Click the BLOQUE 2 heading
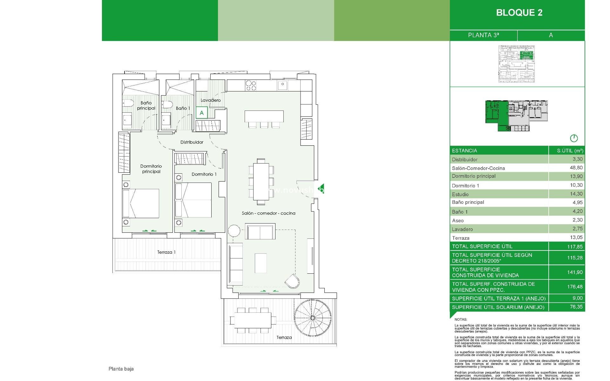[519, 13]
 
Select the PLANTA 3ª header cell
[483, 35]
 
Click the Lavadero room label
[211, 100]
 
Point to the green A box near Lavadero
[202, 113]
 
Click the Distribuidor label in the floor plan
[192, 142]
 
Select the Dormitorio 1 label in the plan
[204, 174]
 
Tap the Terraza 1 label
[166, 252]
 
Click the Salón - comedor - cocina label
[268, 213]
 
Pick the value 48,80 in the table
[576, 168]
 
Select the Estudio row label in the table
[460, 194]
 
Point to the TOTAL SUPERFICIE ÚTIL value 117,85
[575, 247]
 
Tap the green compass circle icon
[574, 138]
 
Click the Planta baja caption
[121, 369]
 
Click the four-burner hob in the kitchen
[251, 85]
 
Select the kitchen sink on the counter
[282, 85]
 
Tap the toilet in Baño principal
[128, 103]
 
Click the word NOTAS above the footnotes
[461, 319]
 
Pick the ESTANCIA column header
[464, 151]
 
